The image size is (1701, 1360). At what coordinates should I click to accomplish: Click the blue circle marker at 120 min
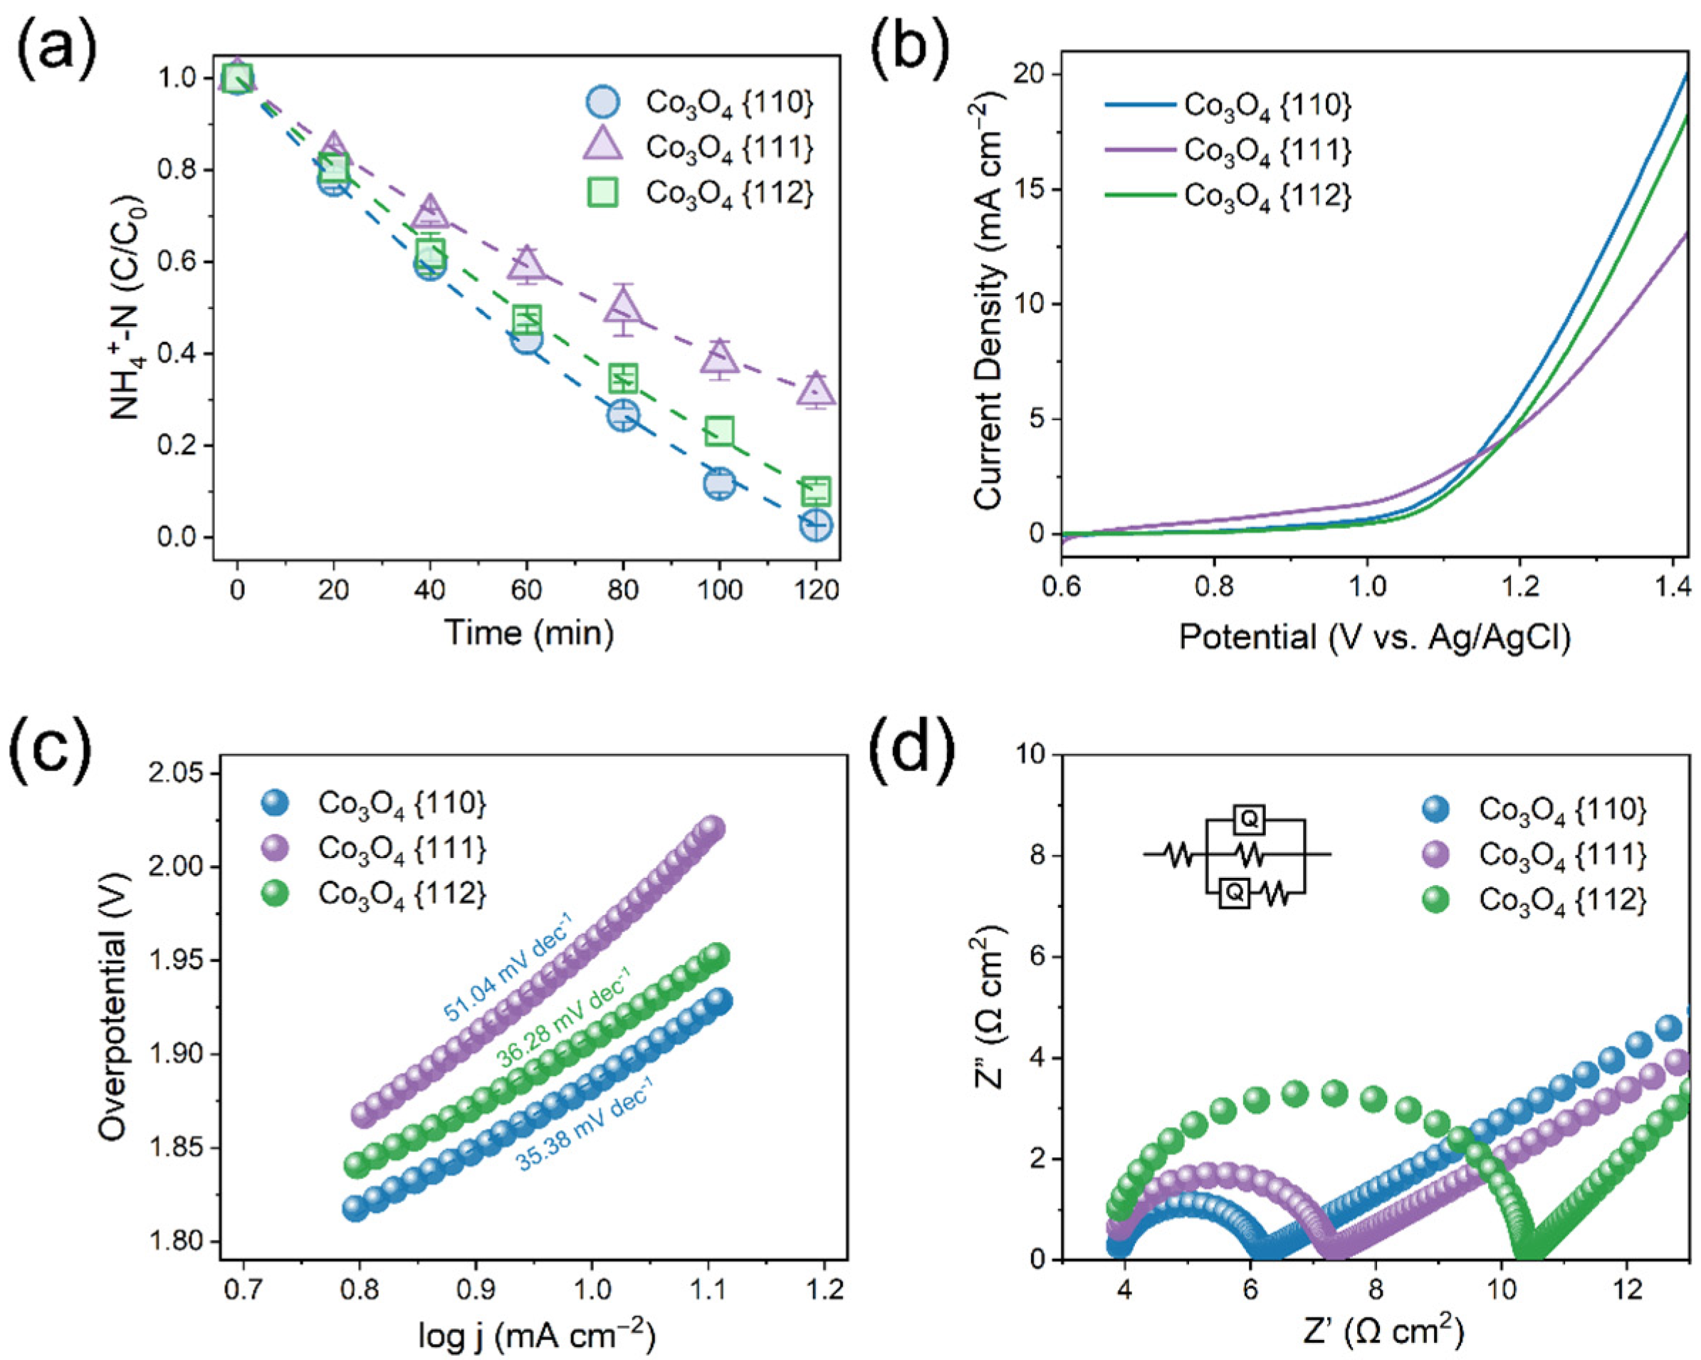(816, 525)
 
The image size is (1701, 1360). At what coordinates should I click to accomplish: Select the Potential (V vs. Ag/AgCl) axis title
(1373, 636)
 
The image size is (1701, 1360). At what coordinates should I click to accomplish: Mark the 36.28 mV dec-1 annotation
(563, 1023)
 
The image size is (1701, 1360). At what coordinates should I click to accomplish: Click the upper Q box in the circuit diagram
(1248, 820)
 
